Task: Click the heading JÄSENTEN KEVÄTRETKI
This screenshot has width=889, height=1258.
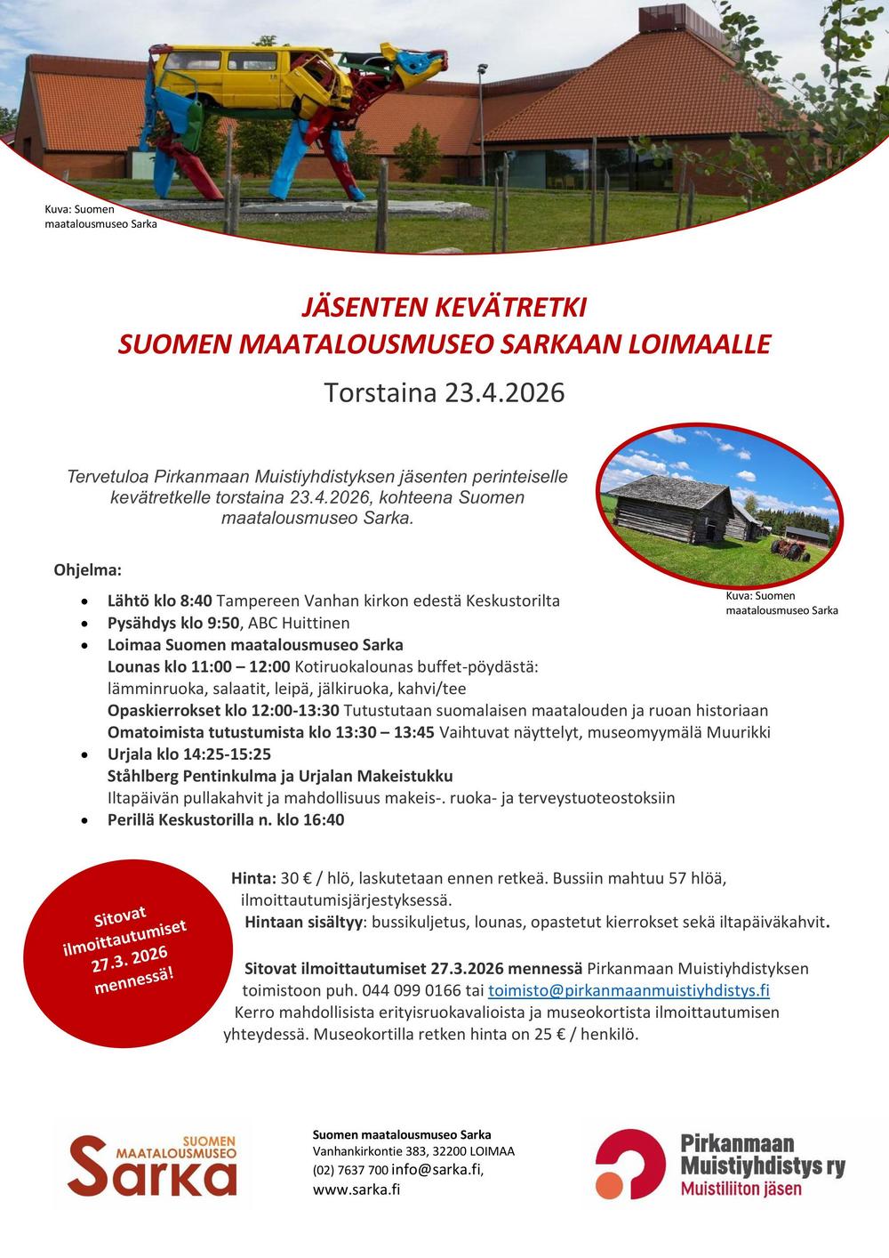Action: pos(444,308)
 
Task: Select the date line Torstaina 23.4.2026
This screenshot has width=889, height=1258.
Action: pos(444,392)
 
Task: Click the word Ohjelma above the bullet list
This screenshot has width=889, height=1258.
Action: pos(87,569)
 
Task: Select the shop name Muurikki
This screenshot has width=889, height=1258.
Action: pos(740,732)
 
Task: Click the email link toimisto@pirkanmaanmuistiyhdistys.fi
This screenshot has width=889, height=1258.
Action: pos(629,990)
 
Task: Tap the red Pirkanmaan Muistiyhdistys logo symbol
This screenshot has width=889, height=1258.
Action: pos(629,1164)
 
